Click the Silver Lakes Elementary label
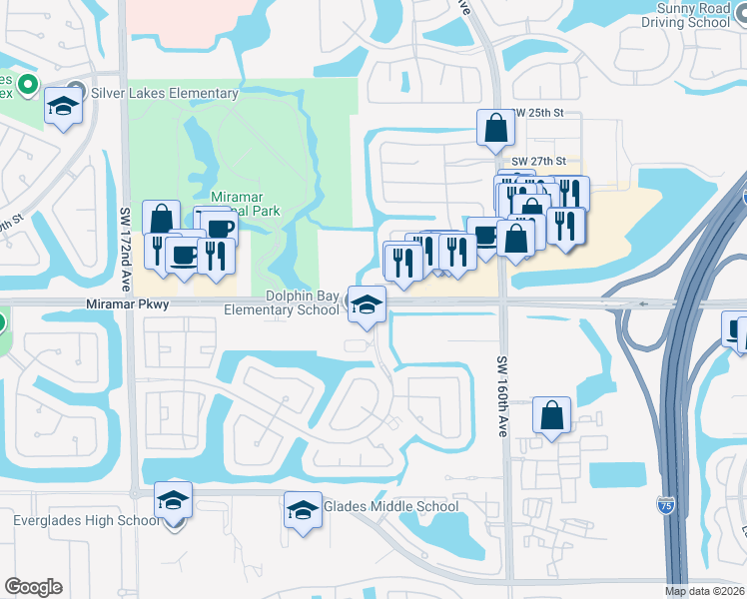click(165, 94)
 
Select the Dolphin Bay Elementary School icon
click(367, 304)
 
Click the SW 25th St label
click(539, 114)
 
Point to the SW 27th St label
click(539, 161)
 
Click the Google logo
click(33, 587)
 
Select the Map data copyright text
click(704, 591)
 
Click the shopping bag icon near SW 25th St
click(496, 129)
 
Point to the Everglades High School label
click(86, 520)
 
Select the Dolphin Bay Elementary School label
click(282, 303)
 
